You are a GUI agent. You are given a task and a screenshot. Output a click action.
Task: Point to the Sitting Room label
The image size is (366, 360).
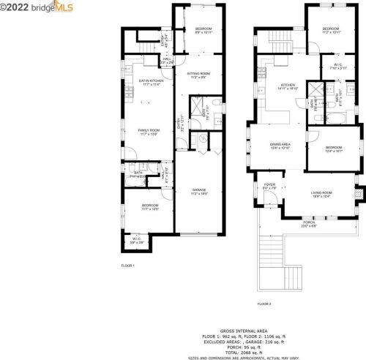coord(198,75)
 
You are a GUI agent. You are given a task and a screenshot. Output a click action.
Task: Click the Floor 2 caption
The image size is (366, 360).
coord(264,303)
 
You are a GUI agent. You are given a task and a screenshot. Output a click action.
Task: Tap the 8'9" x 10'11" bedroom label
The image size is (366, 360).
coord(203,31)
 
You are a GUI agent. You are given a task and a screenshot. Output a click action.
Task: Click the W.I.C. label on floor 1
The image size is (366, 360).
coord(137,239)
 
